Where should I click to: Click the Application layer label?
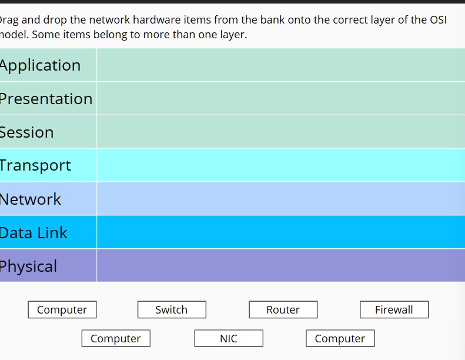pos(40,65)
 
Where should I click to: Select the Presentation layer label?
pos(46,99)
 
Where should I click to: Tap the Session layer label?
pos(27,132)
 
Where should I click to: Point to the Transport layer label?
pos(35,165)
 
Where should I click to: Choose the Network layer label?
pos(31,199)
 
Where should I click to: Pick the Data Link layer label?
pos(34,233)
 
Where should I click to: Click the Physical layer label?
pos(29,266)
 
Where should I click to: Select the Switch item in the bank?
pos(172,310)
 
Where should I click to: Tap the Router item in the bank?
pos(283,310)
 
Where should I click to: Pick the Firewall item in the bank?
pos(394,310)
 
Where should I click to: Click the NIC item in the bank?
pos(229,339)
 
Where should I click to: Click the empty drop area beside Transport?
pos(280,165)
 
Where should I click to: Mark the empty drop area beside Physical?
pos(280,266)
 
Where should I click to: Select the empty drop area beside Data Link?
pos(280,232)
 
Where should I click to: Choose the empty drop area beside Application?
pos(280,65)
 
